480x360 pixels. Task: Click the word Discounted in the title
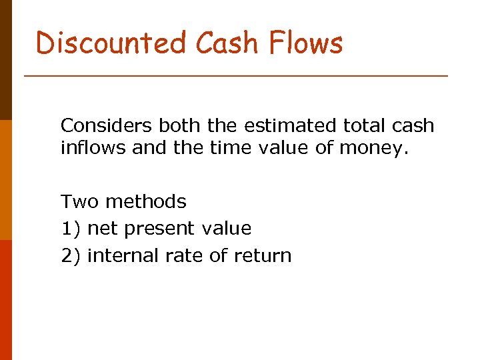tap(111, 43)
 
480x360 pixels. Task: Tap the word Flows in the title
tap(306, 43)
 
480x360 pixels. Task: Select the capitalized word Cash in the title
tap(227, 43)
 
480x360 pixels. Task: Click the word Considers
tap(107, 126)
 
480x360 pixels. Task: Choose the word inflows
tap(93, 147)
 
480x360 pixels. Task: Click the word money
tap(375, 148)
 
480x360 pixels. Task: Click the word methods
tap(146, 201)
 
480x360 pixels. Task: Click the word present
tap(159, 229)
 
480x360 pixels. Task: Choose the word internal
tap(121, 256)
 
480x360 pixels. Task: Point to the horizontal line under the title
tap(236, 77)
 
